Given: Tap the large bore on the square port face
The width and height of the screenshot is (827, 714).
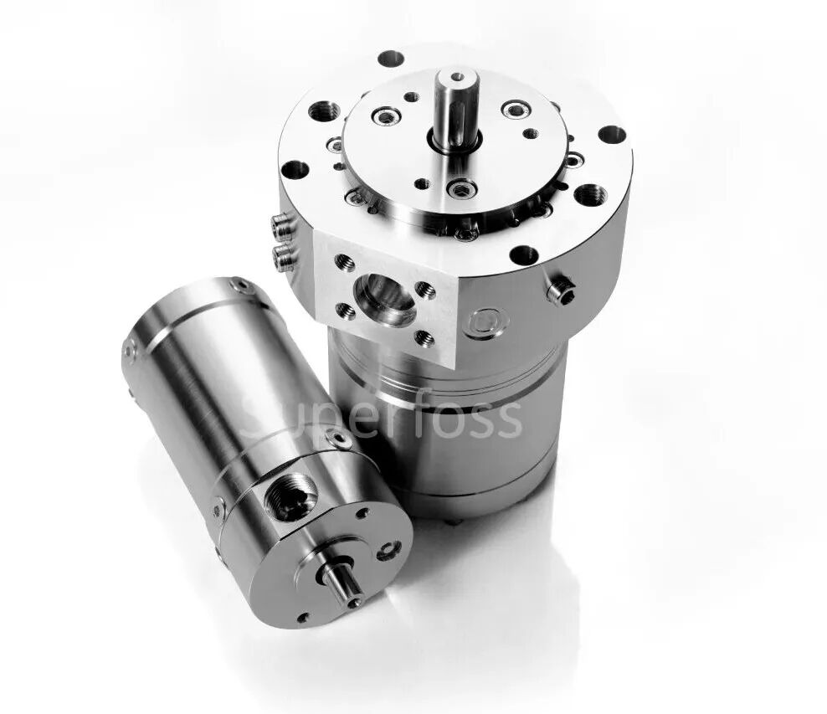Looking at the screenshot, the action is coord(384,299).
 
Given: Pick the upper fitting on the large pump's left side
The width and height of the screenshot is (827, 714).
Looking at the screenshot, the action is coord(282,228).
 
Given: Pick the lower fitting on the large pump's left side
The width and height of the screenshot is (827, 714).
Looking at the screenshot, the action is coord(283,257).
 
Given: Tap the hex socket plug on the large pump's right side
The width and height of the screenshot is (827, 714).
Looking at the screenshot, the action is coord(561,291).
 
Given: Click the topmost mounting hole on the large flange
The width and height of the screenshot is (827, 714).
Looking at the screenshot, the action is coord(391,59).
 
